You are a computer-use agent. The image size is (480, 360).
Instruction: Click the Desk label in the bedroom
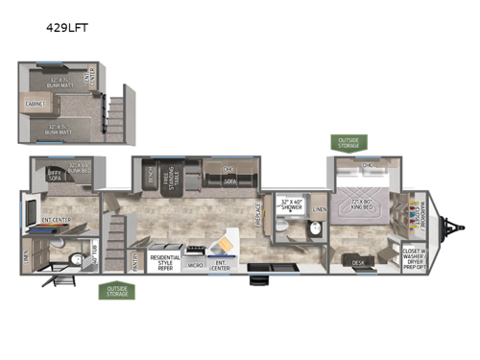(x=358, y=261)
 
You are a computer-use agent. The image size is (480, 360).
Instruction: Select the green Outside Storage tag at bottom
(x=115, y=291)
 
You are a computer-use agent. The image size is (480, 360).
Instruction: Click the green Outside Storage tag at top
(x=348, y=143)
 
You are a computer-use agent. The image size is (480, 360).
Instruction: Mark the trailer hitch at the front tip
(x=448, y=228)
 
